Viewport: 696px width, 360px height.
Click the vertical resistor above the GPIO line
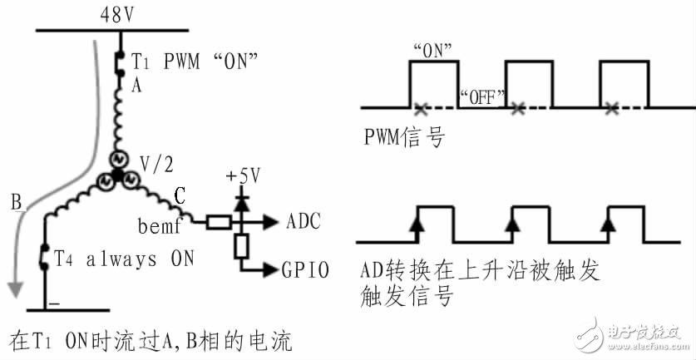[242, 247]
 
